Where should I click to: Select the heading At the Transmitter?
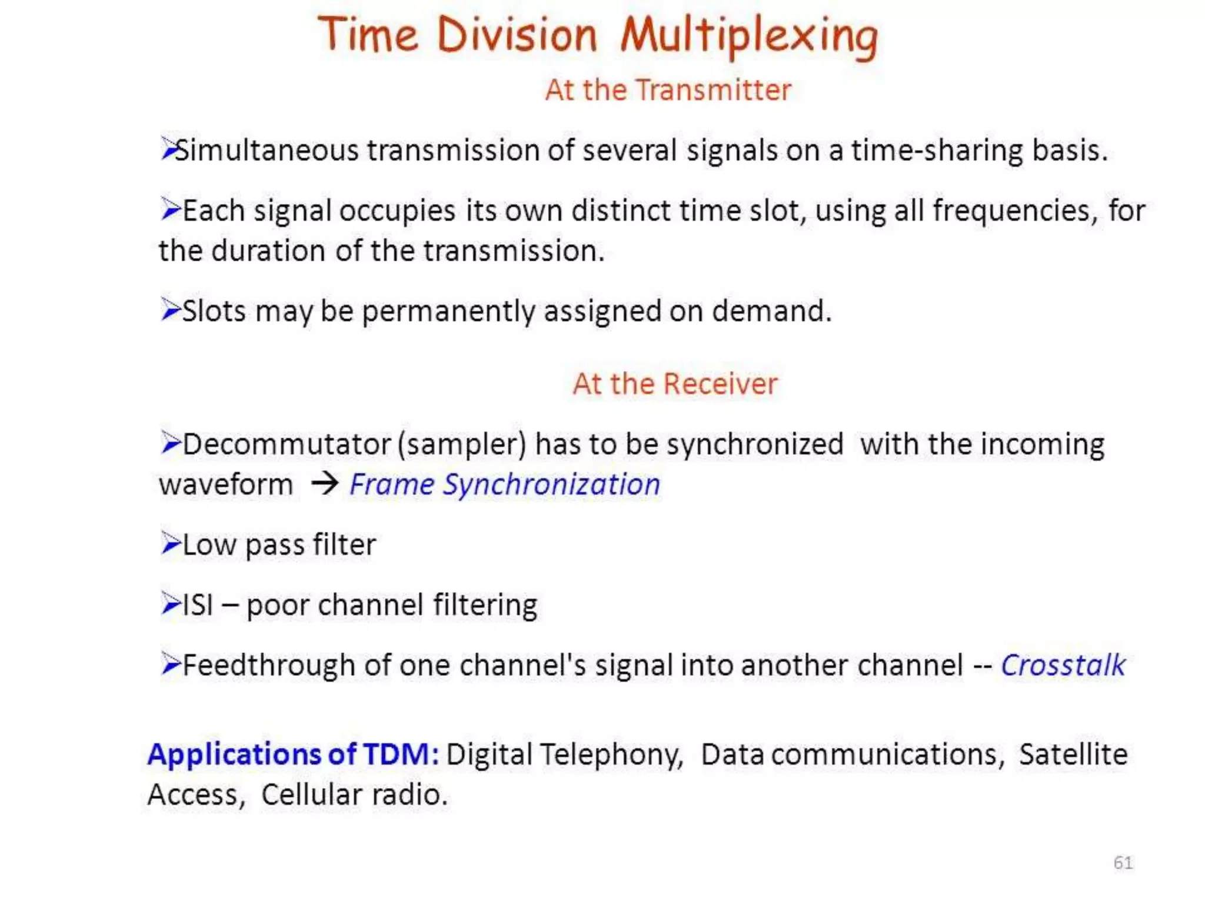pos(668,90)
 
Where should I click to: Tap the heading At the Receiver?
pos(675,384)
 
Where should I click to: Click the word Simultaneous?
pos(267,150)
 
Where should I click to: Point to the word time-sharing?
pos(937,150)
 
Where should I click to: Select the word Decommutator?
pos(287,444)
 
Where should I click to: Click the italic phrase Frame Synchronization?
pos(504,484)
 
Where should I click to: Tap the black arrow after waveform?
pos(325,484)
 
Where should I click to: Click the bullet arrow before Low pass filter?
pos(170,543)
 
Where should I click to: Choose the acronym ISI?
pos(198,605)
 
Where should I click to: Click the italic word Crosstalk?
pos(1063,666)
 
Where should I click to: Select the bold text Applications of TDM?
pos(293,755)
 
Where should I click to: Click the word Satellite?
pos(1073,755)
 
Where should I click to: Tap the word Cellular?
pos(311,795)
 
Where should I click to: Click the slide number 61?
pos(1123,862)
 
